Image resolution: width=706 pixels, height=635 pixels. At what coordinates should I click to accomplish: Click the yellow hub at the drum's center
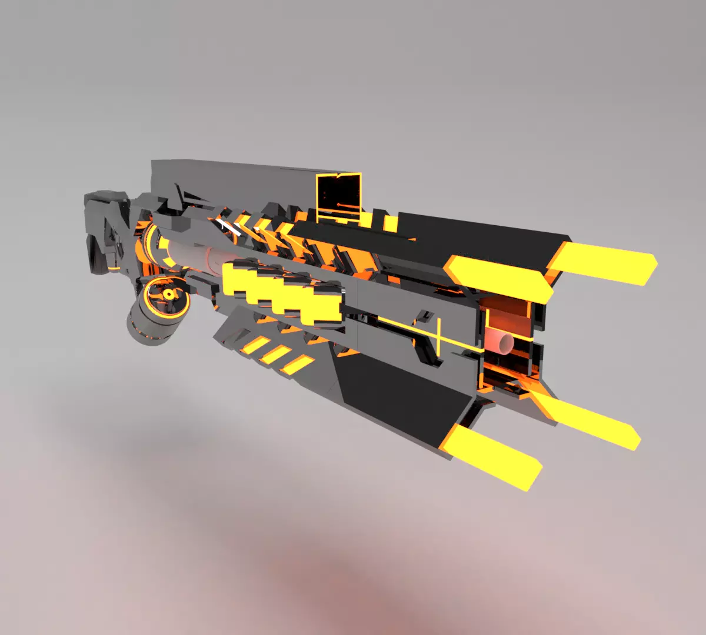coord(169,293)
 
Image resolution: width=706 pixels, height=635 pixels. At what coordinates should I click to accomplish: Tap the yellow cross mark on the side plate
coord(438,336)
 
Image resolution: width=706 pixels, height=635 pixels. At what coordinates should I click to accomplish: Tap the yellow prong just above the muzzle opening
coord(500,278)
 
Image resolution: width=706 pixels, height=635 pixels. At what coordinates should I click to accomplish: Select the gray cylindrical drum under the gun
coord(150,320)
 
